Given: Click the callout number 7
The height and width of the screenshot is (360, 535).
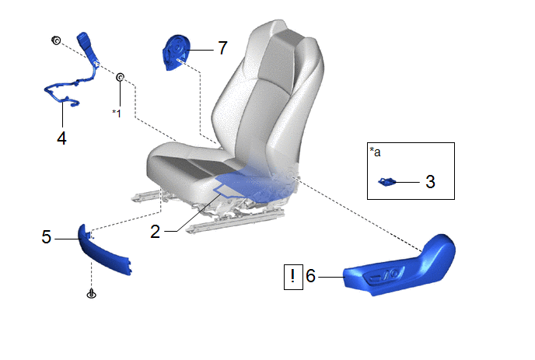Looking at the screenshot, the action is coord(222,47).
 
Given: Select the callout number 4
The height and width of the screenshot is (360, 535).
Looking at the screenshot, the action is coord(61,138).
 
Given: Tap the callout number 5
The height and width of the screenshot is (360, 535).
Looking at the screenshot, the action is coord(47,237).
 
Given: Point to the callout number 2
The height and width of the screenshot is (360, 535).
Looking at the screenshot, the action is coord(156,232).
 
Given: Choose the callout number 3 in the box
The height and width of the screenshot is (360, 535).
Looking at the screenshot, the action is coord(430,181).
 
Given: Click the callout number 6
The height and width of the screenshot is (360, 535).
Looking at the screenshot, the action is coord(310,276).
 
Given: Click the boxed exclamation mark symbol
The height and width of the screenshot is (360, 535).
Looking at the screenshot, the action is coord(293,277).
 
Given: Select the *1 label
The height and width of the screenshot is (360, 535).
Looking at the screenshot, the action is coord(117,113).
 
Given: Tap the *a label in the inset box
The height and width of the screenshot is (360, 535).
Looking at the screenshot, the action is coord(375,152).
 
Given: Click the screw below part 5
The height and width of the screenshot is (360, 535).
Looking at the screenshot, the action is coord(92,293).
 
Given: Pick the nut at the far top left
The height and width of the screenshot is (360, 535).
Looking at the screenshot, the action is coord(56,40).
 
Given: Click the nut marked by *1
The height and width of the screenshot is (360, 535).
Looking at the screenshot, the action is coord(120,77).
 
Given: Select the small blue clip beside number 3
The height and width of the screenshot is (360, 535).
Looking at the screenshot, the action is coord(387,182).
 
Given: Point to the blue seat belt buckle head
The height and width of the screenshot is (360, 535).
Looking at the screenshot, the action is coord(84,40).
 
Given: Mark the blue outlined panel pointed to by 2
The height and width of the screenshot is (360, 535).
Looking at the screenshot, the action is coord(253,184).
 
